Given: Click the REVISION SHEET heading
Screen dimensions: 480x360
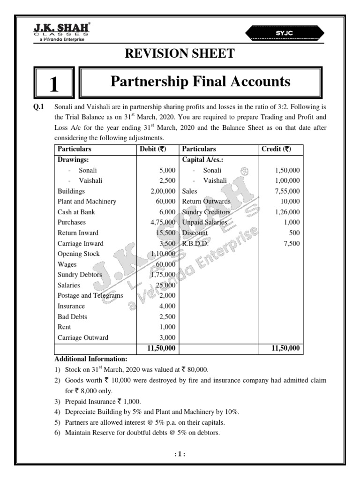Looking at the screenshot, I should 180,54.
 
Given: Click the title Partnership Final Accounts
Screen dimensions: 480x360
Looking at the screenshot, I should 200,82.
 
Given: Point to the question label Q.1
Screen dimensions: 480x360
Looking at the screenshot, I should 37,106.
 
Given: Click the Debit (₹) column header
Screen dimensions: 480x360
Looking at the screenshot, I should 157,149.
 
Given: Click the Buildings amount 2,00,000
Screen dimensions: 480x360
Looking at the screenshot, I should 163,191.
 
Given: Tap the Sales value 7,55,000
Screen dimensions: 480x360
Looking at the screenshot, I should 288,191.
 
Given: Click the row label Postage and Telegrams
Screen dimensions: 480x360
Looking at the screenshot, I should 90,295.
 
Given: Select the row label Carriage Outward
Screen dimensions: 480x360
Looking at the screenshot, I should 82,337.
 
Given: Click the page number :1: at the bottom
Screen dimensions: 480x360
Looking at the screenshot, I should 180,454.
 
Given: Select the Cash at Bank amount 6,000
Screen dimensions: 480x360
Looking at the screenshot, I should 167,212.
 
